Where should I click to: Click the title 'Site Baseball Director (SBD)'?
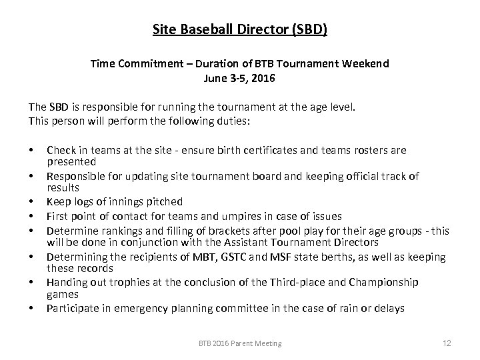click(x=240, y=30)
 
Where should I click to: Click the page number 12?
click(x=447, y=343)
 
